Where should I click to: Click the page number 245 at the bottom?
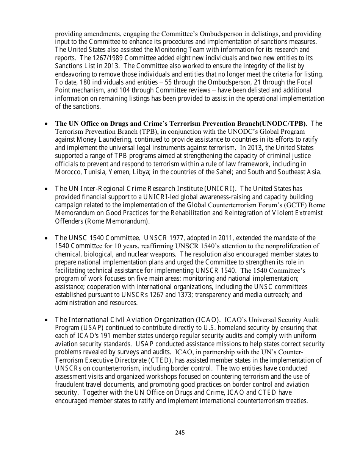pyautogui.click(x=180, y=432)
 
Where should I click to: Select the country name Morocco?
pyautogui.click(x=67, y=172)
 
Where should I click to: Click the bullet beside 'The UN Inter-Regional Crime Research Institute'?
pyautogui.click(x=46, y=189)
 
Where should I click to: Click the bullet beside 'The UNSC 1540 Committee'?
pyautogui.click(x=46, y=238)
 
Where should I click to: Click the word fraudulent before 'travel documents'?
pyautogui.click(x=72, y=385)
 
